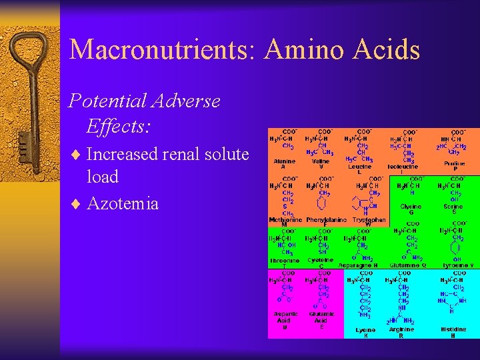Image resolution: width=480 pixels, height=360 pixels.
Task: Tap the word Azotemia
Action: tap(123, 203)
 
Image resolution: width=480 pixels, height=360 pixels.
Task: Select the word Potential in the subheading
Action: tap(109, 101)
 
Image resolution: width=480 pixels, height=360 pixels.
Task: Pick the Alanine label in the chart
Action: tap(285, 162)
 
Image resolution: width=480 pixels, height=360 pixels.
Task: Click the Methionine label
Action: tap(285, 219)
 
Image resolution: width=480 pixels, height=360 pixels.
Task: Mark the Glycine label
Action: tap(411, 207)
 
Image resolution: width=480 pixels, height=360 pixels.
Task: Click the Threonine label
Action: tap(285, 261)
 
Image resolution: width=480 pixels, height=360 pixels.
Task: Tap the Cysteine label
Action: tap(321, 261)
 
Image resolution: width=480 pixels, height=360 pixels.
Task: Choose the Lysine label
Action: tap(366, 329)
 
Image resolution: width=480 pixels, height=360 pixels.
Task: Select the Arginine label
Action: tap(401, 329)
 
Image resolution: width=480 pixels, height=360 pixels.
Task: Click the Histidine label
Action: tap(453, 329)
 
